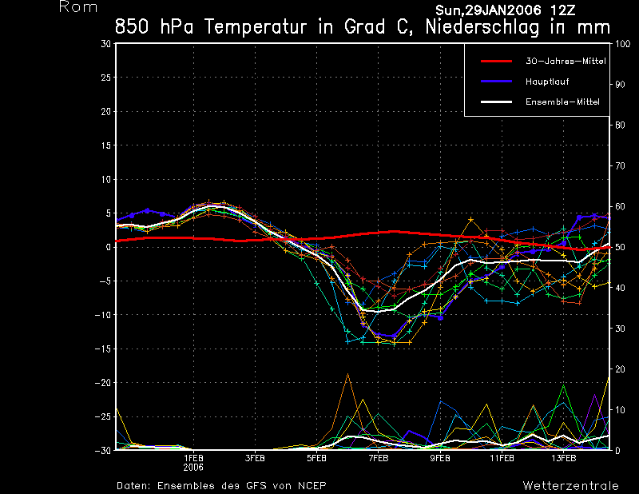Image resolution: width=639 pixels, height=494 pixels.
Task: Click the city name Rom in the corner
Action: point(78,7)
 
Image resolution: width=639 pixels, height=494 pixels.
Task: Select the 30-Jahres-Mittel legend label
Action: point(560,61)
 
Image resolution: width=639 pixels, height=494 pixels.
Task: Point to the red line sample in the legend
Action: point(495,61)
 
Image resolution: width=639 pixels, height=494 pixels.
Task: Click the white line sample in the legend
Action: point(495,102)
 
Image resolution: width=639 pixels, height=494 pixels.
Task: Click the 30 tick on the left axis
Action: point(105,44)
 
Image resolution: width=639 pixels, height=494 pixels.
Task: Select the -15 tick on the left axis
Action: point(103,349)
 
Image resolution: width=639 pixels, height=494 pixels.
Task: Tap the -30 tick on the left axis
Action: point(103,450)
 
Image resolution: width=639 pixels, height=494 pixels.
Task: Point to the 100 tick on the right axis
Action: point(620,44)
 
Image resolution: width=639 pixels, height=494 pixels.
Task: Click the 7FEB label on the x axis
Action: point(379,459)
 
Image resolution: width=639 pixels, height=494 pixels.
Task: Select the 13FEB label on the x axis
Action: point(563,459)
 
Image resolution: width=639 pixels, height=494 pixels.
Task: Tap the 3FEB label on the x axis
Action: point(256,459)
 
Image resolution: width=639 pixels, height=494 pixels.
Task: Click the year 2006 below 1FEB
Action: point(194,468)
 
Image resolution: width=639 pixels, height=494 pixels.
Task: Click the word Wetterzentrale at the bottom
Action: point(570,485)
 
